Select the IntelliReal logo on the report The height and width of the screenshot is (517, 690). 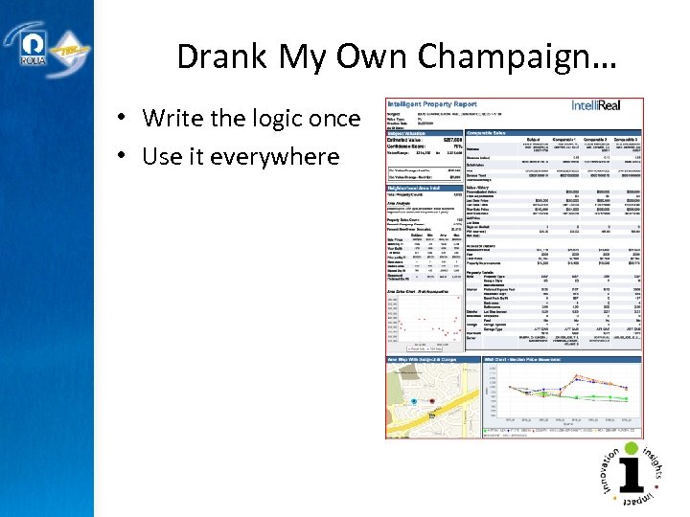click(606, 105)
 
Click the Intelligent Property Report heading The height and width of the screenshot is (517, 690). click(431, 102)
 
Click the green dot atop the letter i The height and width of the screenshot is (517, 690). click(631, 448)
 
